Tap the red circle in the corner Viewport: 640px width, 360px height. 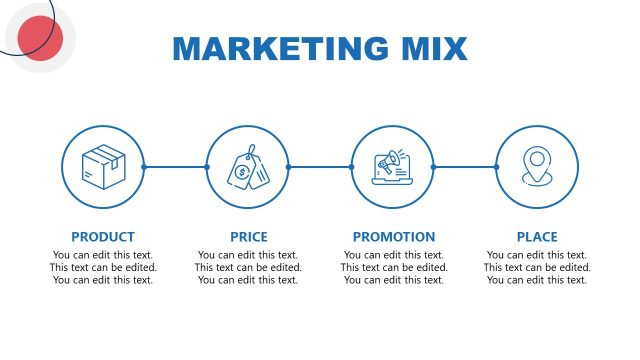click(x=41, y=39)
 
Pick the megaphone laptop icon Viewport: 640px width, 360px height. click(x=393, y=167)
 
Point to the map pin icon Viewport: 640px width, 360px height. click(x=537, y=165)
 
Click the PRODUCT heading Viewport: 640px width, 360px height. click(x=103, y=237)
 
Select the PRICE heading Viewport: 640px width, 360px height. click(x=248, y=237)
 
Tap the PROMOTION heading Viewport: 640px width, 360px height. click(x=394, y=237)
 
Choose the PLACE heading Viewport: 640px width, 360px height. click(x=537, y=237)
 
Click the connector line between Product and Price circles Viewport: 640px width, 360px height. click(x=175, y=167)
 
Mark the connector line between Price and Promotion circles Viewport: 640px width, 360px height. click(x=320, y=167)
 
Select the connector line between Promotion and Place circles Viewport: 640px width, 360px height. click(x=465, y=167)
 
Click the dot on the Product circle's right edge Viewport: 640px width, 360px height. click(x=144, y=167)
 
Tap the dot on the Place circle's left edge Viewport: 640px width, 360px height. click(x=496, y=167)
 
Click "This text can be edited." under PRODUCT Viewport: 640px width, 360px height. click(x=103, y=267)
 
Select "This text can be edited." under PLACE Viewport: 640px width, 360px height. click(x=537, y=267)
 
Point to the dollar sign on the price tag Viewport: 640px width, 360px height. click(x=241, y=171)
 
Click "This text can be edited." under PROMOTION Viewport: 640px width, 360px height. click(x=394, y=267)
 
